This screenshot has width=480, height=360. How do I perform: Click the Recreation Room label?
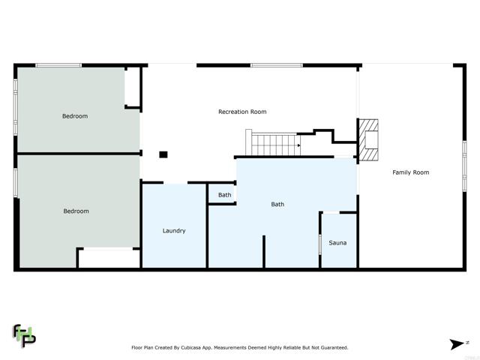242,112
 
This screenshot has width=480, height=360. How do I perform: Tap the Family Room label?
411,172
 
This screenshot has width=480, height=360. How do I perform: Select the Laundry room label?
174,231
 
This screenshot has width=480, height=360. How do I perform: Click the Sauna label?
337,242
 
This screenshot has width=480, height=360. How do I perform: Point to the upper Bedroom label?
75,116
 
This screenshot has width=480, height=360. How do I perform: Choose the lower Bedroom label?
75,211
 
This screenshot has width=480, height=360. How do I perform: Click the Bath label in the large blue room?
277,204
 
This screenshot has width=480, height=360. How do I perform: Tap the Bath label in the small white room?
225,195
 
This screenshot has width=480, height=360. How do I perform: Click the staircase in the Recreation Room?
274,142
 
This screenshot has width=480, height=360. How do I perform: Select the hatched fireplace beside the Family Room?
369,140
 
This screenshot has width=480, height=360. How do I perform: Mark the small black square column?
163,155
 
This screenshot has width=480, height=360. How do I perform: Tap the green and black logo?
24,335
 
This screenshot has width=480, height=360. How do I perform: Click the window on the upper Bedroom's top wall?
58,65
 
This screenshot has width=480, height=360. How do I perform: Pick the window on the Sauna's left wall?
320,244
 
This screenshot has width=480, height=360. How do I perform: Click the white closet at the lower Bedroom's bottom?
109,259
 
